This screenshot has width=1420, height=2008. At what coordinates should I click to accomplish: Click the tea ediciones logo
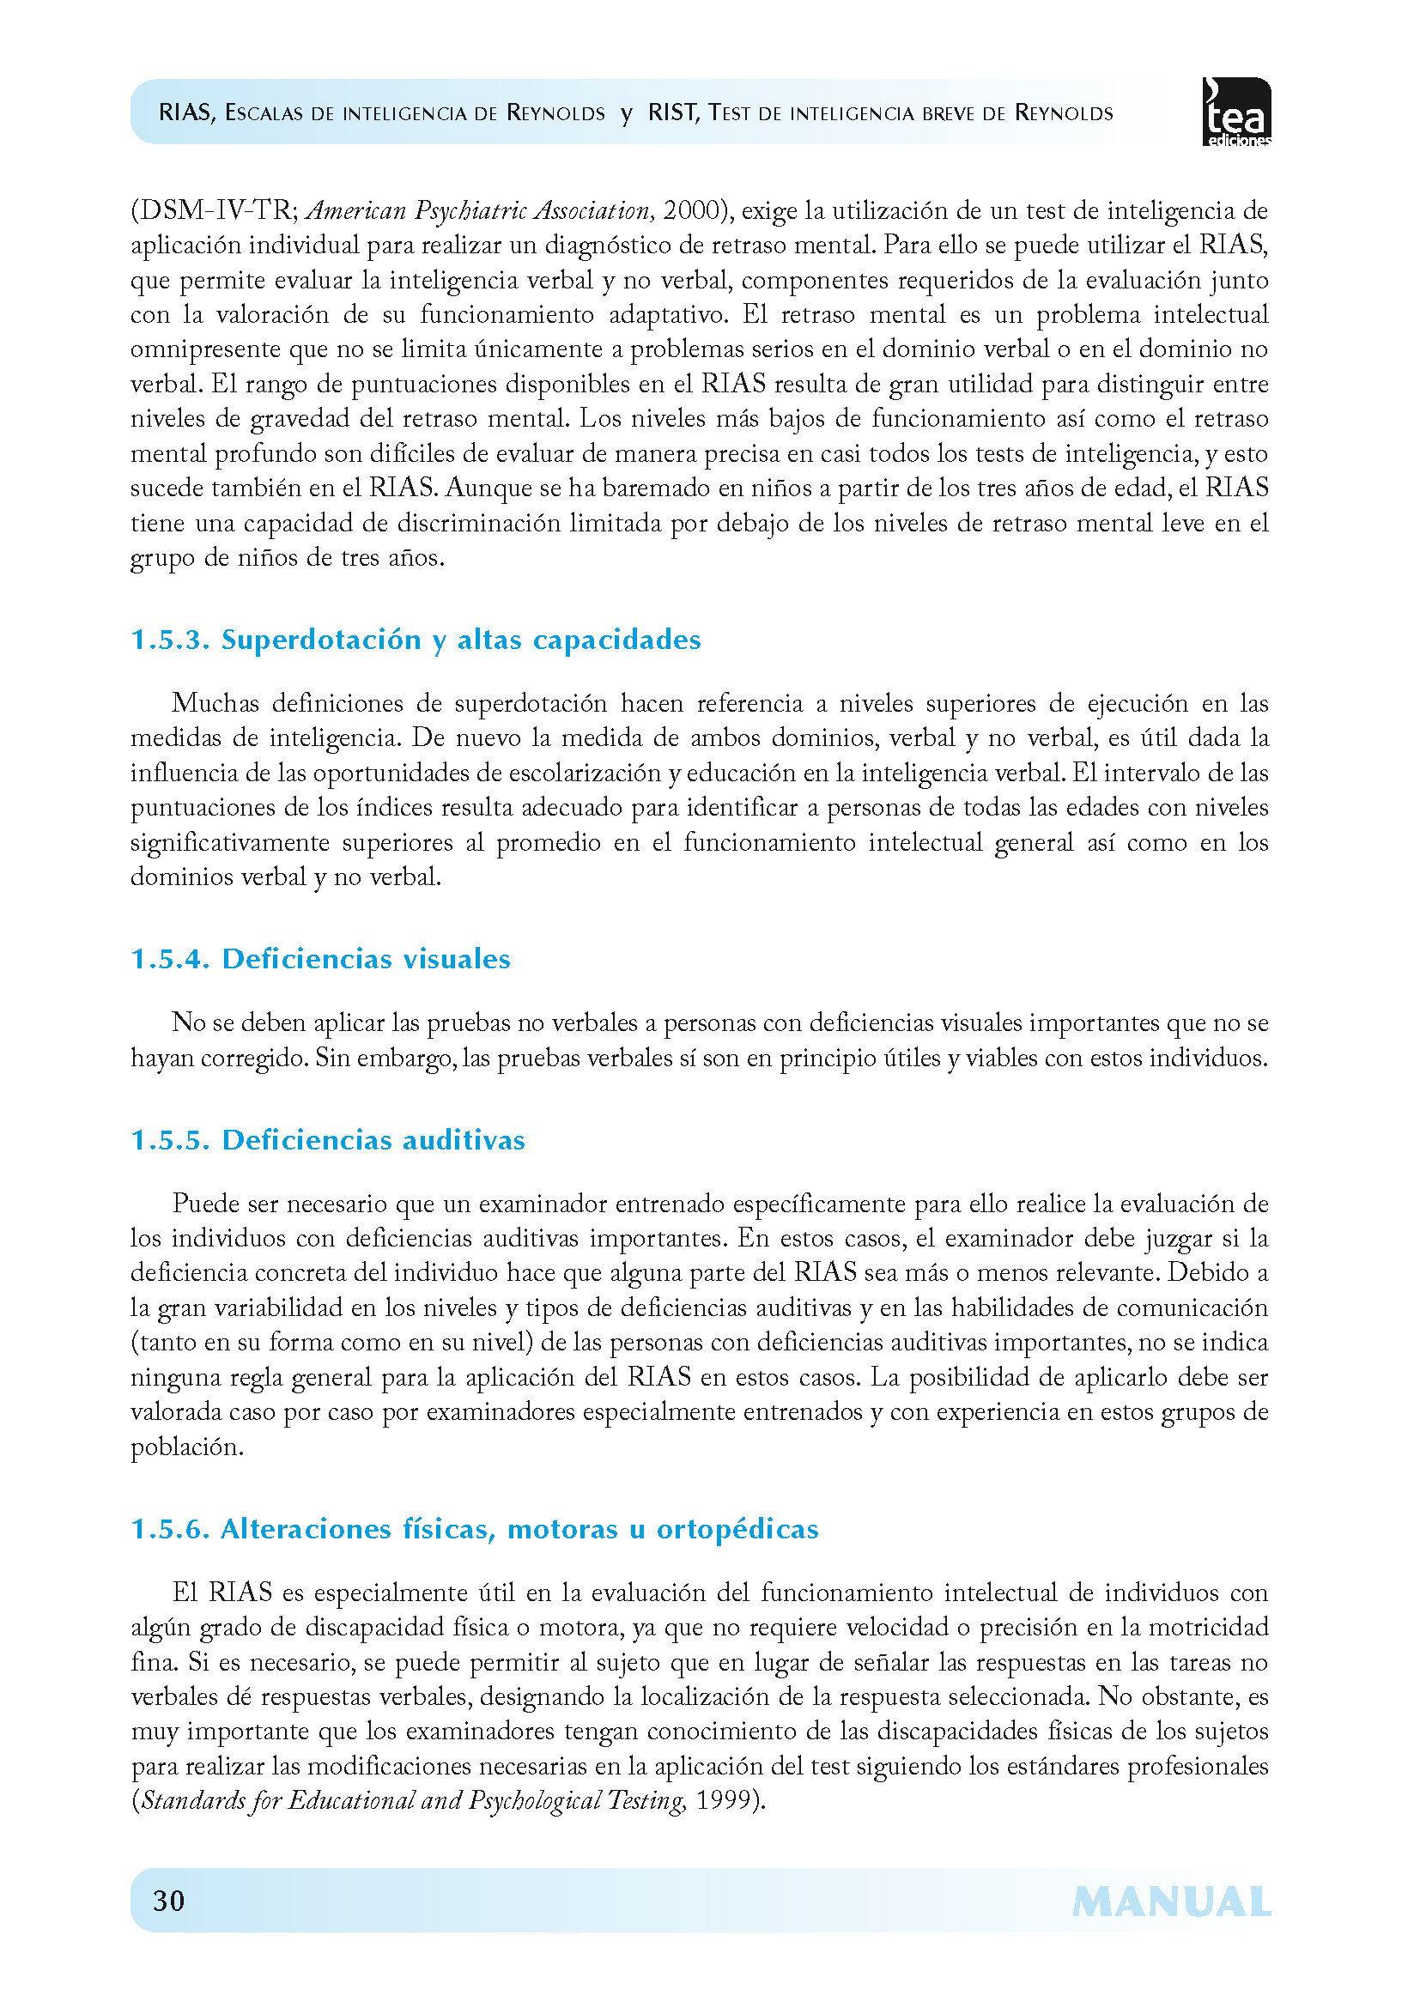point(1236,112)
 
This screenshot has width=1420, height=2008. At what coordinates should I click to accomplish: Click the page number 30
point(169,1901)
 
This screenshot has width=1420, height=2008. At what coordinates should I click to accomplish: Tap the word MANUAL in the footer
point(1171,1902)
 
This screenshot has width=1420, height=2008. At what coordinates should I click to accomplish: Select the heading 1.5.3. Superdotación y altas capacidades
point(416,640)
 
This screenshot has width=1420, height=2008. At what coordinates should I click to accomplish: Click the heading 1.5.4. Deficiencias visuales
point(320,959)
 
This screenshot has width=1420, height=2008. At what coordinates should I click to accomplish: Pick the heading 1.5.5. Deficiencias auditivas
point(327,1139)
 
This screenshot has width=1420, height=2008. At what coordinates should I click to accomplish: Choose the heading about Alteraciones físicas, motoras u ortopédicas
point(475,1529)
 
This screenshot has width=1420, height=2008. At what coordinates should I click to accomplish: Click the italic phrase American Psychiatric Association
point(478,211)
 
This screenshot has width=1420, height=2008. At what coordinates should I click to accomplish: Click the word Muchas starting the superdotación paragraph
point(215,703)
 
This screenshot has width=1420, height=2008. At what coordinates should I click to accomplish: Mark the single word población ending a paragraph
point(185,1447)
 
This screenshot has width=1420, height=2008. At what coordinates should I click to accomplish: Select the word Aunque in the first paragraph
point(489,488)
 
